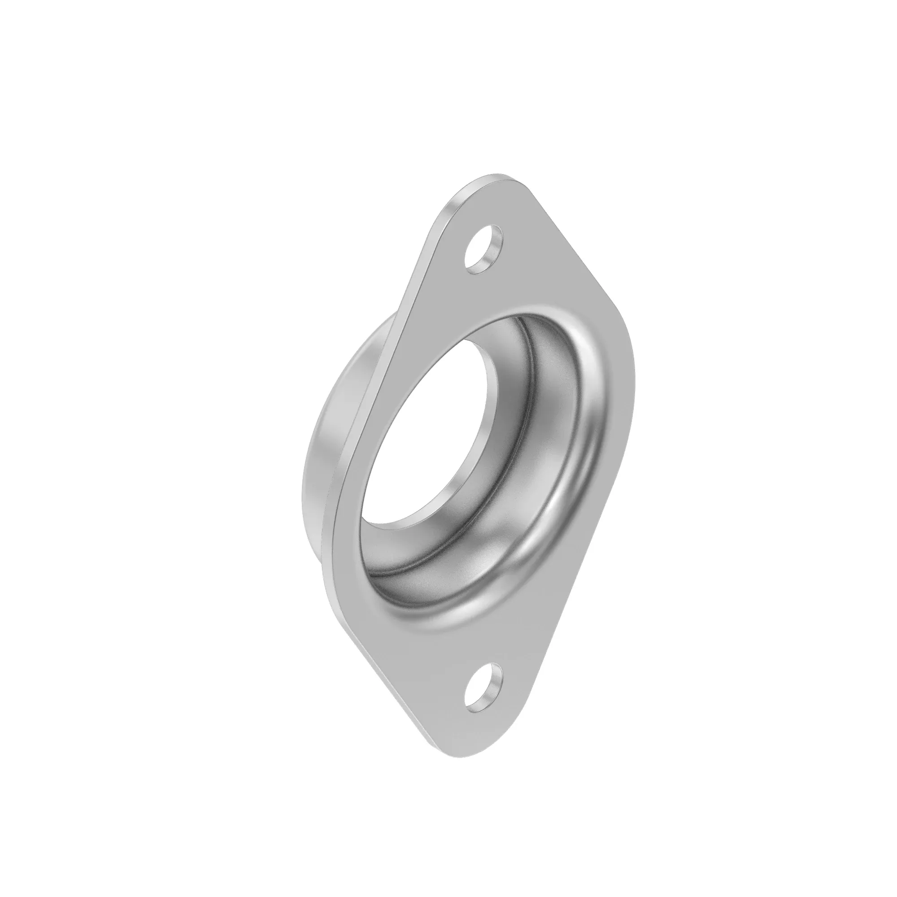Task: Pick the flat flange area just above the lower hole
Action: pyautogui.click(x=483, y=659)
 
